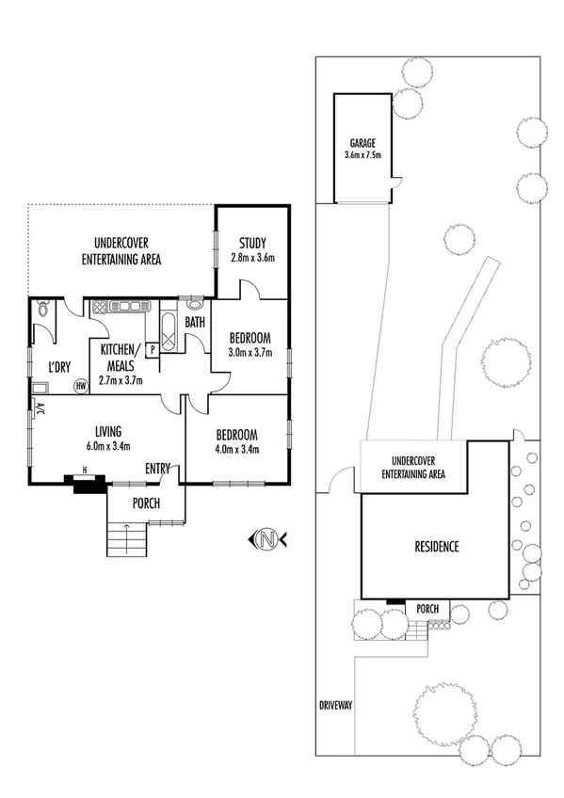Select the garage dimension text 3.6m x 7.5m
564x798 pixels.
coord(363,155)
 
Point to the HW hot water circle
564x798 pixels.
coord(81,385)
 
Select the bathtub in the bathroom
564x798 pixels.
coord(169,332)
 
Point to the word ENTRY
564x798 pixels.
coord(156,469)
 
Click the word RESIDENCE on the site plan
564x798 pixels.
coord(436,547)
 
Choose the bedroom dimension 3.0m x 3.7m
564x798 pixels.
coord(250,353)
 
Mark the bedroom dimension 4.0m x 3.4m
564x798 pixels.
coord(236,448)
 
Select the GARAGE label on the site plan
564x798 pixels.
coord(363,143)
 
